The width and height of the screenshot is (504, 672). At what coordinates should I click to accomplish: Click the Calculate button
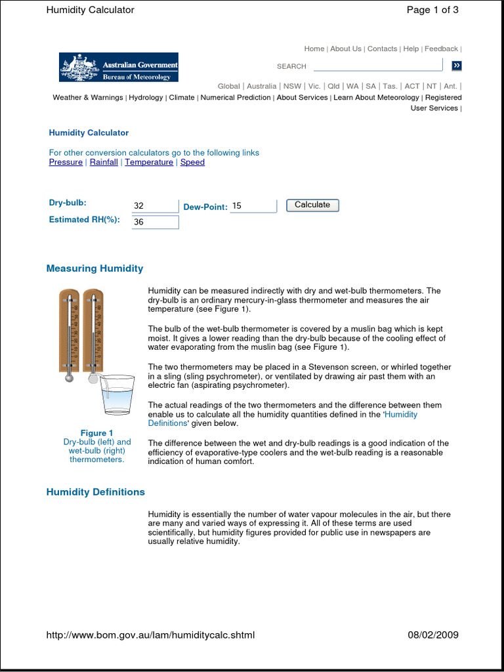312,205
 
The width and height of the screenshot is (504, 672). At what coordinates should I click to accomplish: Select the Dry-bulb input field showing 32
155,206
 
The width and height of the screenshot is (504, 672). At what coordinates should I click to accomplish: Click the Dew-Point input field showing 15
253,206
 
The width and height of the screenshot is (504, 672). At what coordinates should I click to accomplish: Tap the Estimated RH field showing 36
155,222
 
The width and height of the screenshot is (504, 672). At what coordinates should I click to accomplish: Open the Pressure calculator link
66,162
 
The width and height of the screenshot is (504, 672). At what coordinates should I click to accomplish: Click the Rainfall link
104,162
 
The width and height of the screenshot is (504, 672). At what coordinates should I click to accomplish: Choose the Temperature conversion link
149,162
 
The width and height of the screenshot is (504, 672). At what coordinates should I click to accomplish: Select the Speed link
192,162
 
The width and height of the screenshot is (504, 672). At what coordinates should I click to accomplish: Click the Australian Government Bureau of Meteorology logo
119,67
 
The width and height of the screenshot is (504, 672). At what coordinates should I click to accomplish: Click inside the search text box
377,66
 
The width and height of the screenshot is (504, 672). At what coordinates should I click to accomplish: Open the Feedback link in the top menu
441,49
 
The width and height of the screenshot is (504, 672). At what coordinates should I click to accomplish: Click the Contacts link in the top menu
382,49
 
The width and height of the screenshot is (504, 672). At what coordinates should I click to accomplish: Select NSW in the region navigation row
292,86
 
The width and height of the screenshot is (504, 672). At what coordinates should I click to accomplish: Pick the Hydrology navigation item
146,97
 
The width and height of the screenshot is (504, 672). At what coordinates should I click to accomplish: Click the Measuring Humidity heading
94,268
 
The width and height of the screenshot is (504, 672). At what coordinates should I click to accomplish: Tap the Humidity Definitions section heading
95,492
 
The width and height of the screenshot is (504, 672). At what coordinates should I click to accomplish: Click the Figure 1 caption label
96,433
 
